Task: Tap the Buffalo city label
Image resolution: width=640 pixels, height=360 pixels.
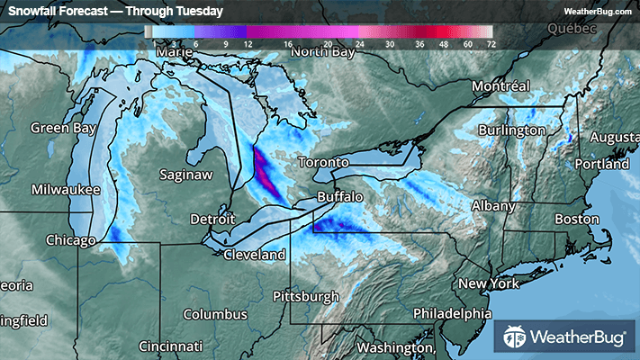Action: [339, 196]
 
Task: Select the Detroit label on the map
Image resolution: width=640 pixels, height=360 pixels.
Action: [212, 220]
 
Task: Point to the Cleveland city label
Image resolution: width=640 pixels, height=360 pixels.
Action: [254, 256]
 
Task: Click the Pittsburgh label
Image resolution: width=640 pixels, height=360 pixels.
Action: [307, 296]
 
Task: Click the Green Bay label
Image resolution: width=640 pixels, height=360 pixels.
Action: [63, 128]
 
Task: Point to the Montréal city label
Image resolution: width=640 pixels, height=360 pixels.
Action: [501, 87]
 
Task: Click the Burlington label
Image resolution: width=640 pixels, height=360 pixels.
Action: [511, 130]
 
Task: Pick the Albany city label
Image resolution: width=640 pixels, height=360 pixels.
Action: [494, 206]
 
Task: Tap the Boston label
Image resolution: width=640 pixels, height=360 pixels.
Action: [577, 219]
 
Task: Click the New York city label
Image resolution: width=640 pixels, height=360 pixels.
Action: [491, 283]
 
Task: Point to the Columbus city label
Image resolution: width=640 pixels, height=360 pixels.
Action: [214, 314]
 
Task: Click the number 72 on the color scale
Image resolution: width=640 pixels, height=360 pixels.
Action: [491, 43]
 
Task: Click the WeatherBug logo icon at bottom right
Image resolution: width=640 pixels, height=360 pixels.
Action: [516, 338]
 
